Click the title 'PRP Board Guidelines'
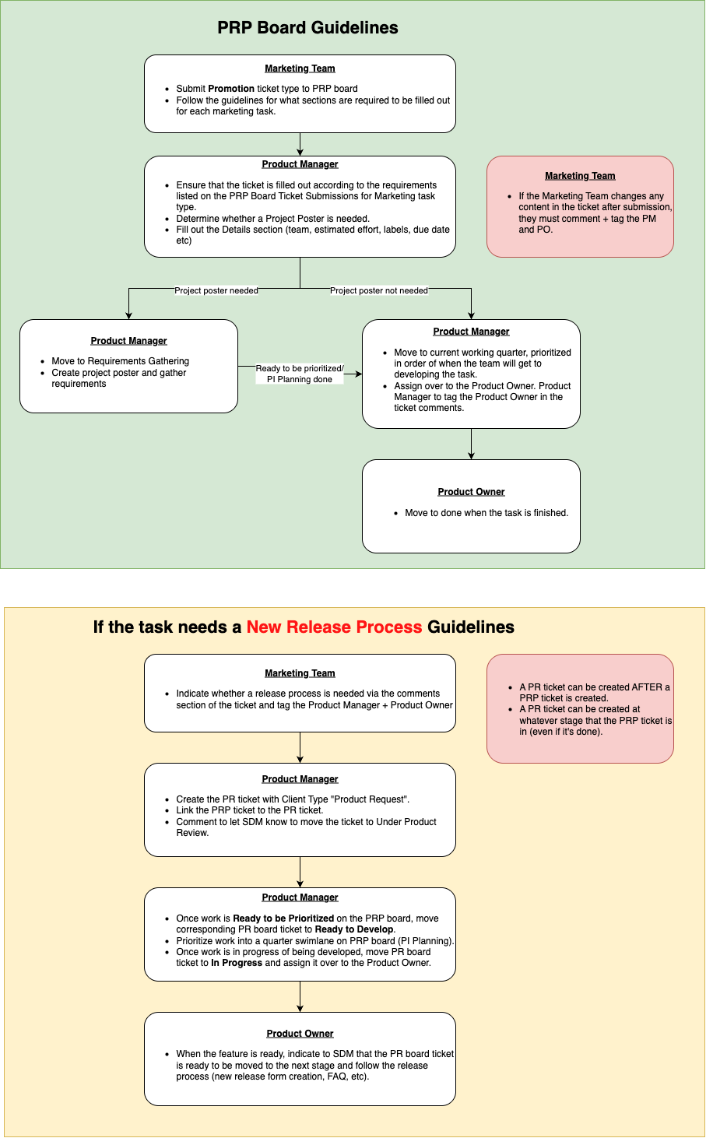click(x=307, y=28)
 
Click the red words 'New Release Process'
click(x=334, y=627)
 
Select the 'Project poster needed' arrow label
click(x=216, y=290)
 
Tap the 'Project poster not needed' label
click(x=379, y=290)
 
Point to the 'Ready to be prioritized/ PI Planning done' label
click(x=300, y=374)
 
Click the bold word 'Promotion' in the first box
click(x=231, y=89)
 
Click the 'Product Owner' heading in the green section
click(x=471, y=492)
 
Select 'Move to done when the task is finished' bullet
click(x=486, y=513)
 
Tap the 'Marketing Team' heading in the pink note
click(x=580, y=176)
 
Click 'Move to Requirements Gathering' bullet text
click(x=120, y=361)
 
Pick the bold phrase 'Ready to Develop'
click(x=354, y=929)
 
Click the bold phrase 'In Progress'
click(x=237, y=963)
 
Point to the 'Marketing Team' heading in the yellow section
click(x=300, y=673)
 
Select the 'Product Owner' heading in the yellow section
click(x=300, y=1034)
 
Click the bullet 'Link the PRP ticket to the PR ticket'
click(x=249, y=810)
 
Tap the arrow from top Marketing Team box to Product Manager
click(x=300, y=145)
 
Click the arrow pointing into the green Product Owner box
click(x=471, y=444)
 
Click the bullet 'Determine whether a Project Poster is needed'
click(x=272, y=219)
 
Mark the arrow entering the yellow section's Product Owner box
click(x=300, y=997)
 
